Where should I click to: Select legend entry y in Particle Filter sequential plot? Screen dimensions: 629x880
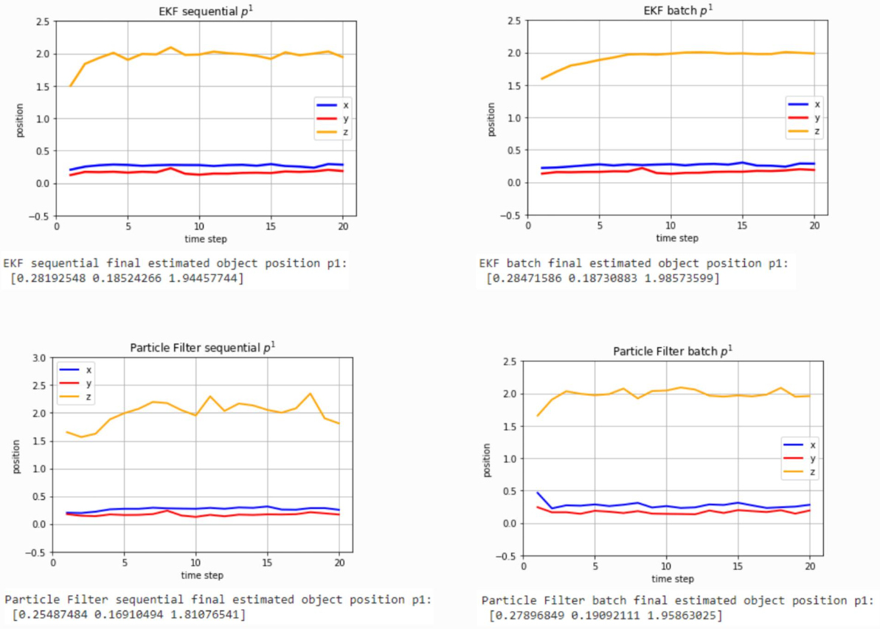pos(79,383)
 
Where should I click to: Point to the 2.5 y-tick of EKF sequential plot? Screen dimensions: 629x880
pos(41,21)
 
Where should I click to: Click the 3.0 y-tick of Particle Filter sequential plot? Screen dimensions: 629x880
pos(38,358)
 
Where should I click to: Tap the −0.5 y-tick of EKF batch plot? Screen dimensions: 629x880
pos(511,215)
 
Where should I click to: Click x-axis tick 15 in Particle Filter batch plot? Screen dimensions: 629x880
pos(738,568)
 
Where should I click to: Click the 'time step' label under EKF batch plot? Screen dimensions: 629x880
pos(676,238)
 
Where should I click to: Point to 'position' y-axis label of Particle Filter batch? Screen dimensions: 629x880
pos(487,459)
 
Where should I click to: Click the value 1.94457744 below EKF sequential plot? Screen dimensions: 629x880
pos(207,277)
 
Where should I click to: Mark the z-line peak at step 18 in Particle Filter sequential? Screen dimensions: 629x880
pos(310,394)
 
